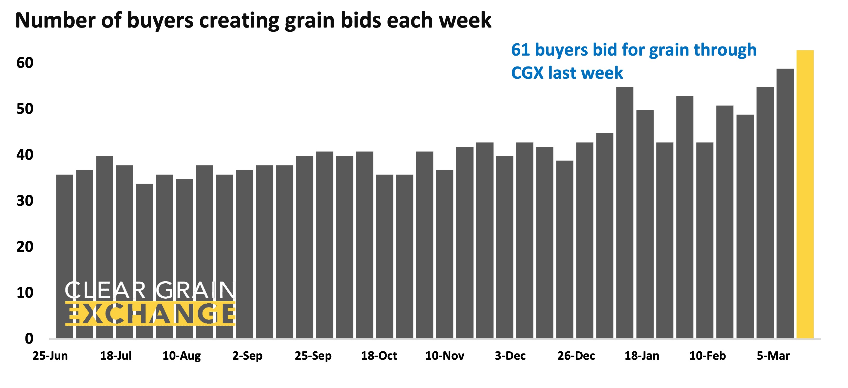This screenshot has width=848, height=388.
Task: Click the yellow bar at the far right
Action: pos(805,194)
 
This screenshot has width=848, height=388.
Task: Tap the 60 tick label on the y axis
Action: pos(25,63)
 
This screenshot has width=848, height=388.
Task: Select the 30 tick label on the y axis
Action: pos(25,201)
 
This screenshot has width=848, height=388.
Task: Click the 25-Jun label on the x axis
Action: pos(50,356)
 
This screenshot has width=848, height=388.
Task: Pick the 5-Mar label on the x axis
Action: pos(773,356)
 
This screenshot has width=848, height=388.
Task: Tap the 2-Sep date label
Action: pos(247,356)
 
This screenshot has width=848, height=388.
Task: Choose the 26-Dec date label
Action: pos(576,356)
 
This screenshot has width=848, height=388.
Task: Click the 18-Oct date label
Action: pos(379,356)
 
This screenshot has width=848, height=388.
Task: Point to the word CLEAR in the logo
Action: pos(105,290)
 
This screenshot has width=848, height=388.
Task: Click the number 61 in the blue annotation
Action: pos(521,50)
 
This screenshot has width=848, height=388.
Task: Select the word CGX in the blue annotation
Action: pos(527,73)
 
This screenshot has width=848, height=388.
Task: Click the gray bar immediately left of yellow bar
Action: pos(785,204)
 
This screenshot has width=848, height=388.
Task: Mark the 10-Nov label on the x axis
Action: pos(445,356)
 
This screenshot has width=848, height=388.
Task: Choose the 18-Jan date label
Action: pos(642,356)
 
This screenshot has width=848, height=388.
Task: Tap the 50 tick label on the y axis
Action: pos(25,109)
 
